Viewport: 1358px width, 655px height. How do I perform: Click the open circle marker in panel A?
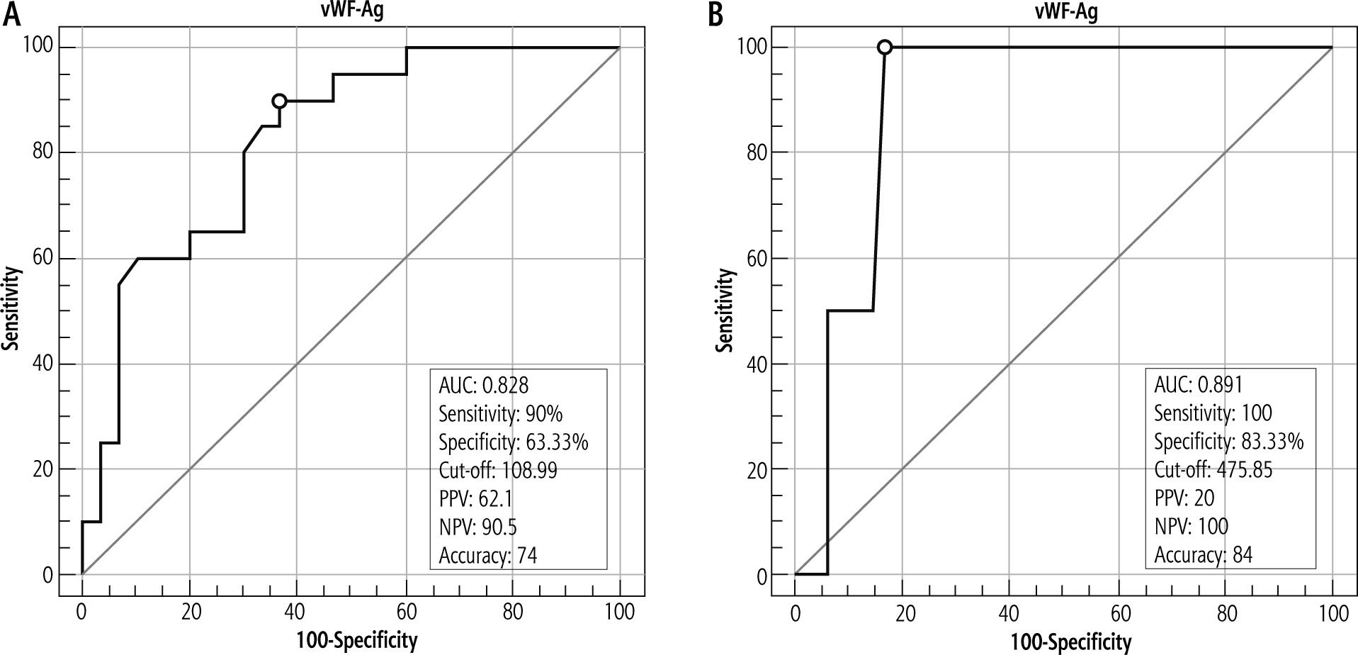click(x=280, y=101)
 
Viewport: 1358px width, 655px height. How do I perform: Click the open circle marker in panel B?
click(x=885, y=47)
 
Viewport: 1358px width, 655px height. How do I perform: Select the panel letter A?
click(x=11, y=14)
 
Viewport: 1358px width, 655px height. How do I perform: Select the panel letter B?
click(x=716, y=14)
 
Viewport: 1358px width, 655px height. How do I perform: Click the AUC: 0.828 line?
click(x=484, y=385)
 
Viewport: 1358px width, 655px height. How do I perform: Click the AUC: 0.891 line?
click(x=1199, y=385)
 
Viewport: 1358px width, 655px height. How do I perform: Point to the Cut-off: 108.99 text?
click(x=498, y=470)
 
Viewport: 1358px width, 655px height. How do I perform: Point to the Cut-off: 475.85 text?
click(x=1213, y=470)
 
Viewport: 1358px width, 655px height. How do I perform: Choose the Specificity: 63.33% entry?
click(x=514, y=442)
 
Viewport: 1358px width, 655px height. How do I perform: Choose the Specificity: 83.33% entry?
click(x=1229, y=442)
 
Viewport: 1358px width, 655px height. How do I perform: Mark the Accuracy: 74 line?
click(x=488, y=555)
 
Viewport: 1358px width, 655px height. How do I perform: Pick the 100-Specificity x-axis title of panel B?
click(x=1070, y=642)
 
